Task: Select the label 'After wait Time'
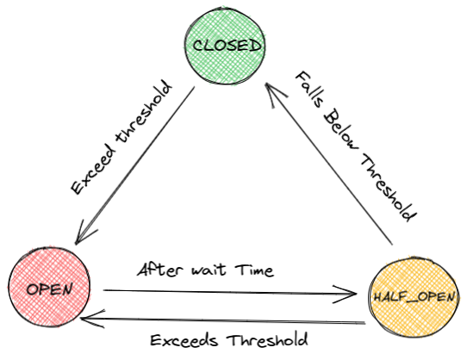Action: [206, 270]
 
